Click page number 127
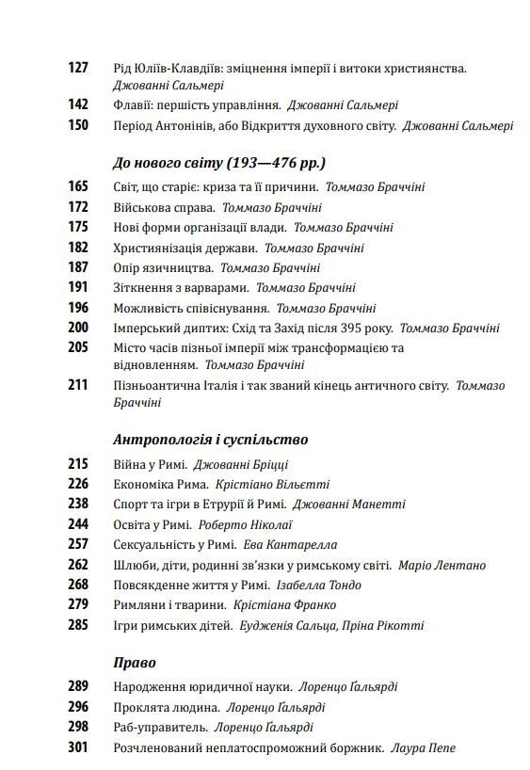(x=78, y=68)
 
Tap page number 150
(x=78, y=124)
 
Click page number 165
(x=78, y=186)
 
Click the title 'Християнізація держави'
(x=184, y=248)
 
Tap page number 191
(x=78, y=287)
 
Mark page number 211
(x=78, y=385)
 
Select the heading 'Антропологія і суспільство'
(x=210, y=439)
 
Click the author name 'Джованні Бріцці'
(x=240, y=464)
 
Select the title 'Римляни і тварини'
(x=169, y=604)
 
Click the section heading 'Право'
(x=134, y=663)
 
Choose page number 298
(x=78, y=727)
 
